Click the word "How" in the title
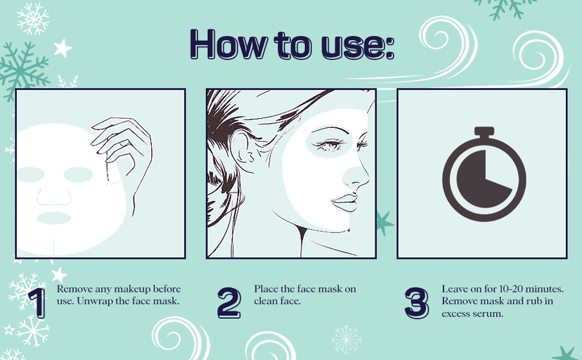click(228, 44)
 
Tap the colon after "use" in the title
click(389, 48)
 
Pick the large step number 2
click(229, 303)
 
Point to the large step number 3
click(417, 303)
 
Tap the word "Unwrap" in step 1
click(94, 301)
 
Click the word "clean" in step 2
click(268, 301)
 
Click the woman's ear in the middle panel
click(242, 152)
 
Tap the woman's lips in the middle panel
click(344, 202)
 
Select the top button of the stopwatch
click(484, 131)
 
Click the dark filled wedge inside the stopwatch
click(479, 179)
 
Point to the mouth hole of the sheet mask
click(54, 218)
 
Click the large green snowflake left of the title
click(23, 70)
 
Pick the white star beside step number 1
click(59, 275)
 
